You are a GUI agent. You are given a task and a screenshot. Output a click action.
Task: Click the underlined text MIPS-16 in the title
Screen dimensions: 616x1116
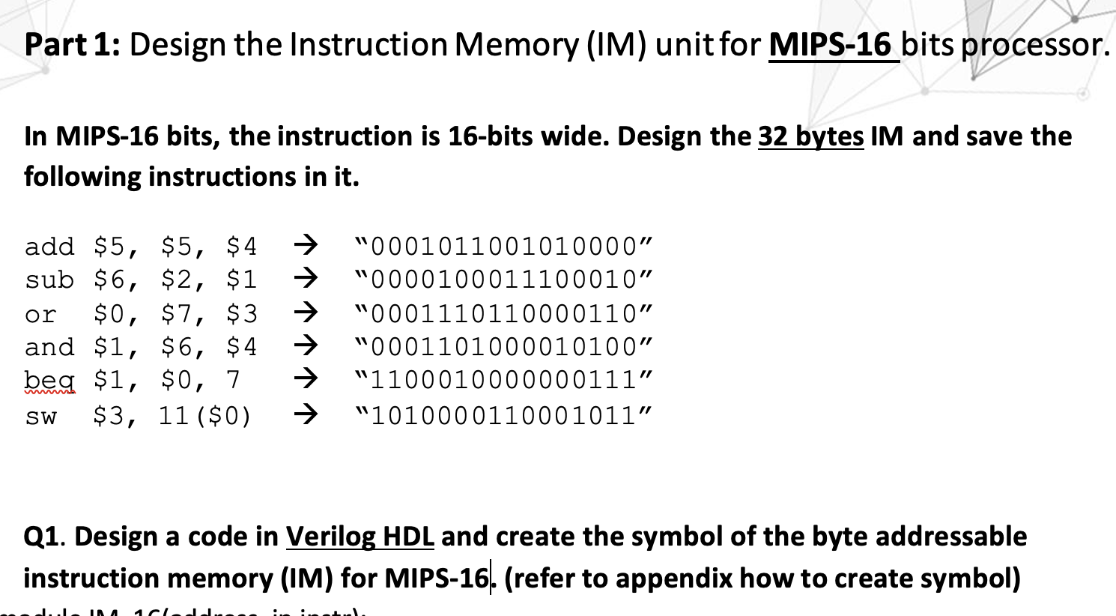coord(831,45)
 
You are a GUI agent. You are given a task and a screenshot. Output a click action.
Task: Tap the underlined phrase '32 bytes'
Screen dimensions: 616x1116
coord(810,136)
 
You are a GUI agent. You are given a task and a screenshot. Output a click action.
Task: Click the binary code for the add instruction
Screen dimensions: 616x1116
coord(506,246)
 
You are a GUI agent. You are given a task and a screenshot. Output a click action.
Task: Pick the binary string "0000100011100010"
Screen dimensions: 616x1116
coord(506,280)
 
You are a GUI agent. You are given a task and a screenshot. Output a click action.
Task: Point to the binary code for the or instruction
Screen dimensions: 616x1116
coord(506,313)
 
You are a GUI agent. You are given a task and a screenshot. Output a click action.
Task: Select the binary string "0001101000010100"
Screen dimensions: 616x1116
coord(506,347)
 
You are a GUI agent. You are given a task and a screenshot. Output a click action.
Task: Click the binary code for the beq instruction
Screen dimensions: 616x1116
coord(506,380)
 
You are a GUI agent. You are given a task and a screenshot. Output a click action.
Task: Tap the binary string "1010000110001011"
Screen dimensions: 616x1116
coord(506,414)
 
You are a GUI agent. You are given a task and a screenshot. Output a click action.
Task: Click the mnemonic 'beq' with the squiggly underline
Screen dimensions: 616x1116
coord(49,380)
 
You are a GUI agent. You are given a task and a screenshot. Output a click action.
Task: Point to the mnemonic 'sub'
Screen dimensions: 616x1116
coord(49,280)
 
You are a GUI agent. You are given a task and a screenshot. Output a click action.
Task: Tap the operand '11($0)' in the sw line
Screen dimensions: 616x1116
coord(205,414)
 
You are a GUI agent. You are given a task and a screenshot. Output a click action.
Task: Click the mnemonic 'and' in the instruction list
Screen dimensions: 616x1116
coord(49,347)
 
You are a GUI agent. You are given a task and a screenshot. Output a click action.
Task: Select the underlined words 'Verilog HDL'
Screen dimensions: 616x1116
coord(360,537)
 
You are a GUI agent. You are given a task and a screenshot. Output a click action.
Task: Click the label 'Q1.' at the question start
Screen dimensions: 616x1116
coord(45,537)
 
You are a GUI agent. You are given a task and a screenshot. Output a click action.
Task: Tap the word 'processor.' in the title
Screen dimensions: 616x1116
coord(1034,45)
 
